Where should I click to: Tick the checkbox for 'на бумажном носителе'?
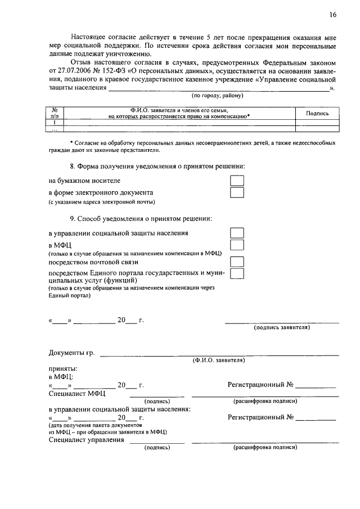(x=237, y=181)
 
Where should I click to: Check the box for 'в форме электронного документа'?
(x=237, y=192)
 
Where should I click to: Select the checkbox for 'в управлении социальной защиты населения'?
(x=237, y=233)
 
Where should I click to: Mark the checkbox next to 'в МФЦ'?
(x=237, y=245)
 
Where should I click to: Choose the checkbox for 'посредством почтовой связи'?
(x=237, y=262)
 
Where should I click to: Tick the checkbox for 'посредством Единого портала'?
(x=237, y=273)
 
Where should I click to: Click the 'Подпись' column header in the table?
(x=317, y=113)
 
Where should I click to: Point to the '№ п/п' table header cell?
(x=55, y=113)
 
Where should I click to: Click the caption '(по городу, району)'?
(x=218, y=96)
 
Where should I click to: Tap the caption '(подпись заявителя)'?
(x=282, y=327)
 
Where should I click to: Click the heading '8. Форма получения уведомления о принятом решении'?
(x=157, y=166)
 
